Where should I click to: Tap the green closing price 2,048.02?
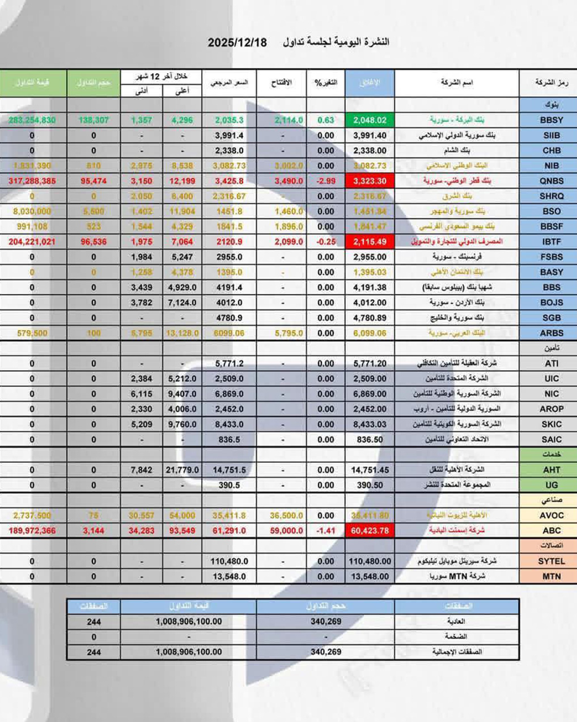(370, 120)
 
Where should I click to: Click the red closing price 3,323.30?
(370, 181)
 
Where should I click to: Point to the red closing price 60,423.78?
(370, 530)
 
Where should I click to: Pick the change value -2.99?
(325, 181)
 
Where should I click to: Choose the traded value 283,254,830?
(32, 120)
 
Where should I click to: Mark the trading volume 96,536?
(94, 241)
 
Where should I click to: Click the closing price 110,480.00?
(370, 561)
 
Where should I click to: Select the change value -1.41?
(325, 530)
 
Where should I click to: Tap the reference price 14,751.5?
(229, 470)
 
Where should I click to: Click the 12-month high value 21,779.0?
(182, 470)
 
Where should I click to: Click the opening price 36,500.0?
(282, 516)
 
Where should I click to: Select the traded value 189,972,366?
(32, 530)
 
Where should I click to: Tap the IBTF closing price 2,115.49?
(370, 241)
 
